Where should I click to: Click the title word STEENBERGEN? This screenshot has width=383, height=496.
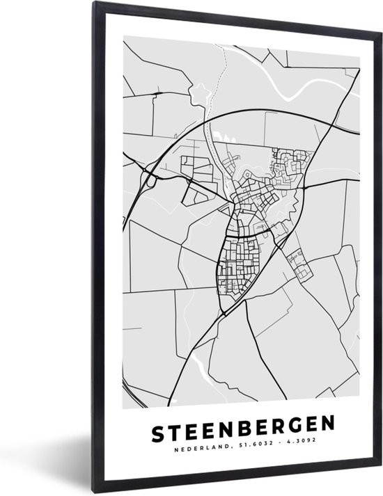[240, 424]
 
